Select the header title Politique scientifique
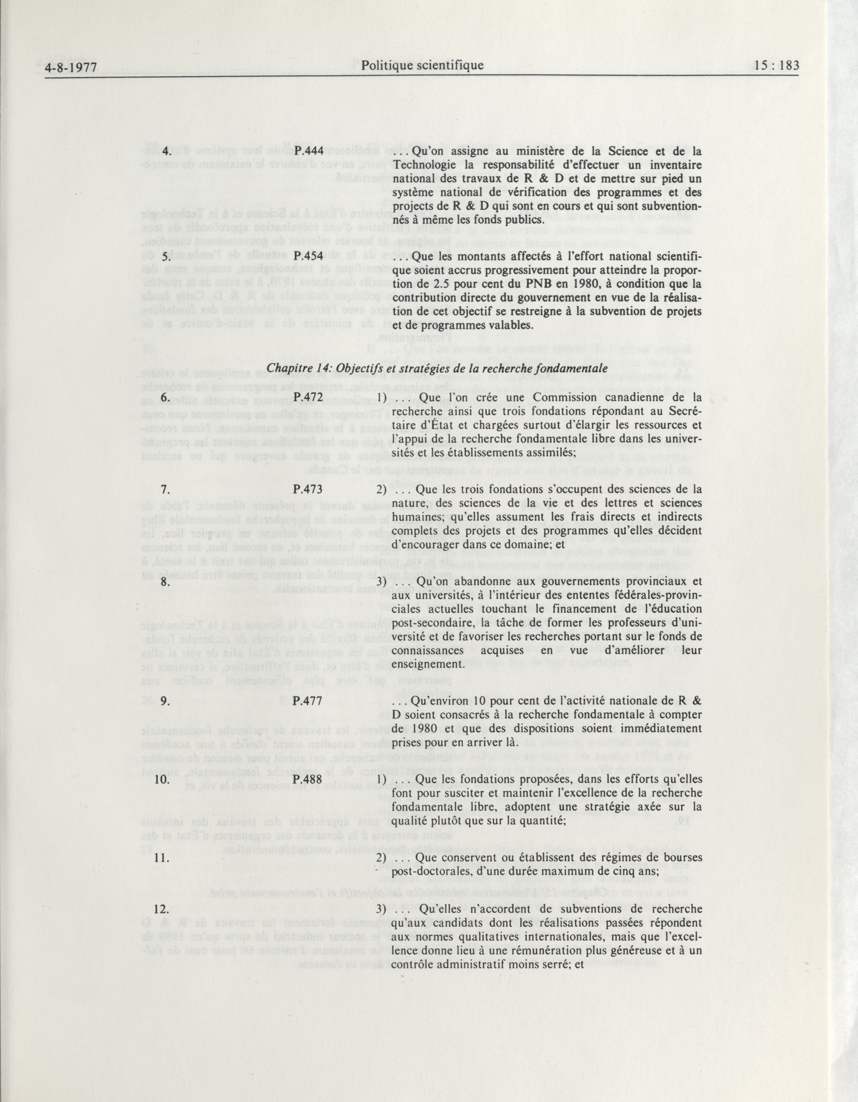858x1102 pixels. pos(422,65)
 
